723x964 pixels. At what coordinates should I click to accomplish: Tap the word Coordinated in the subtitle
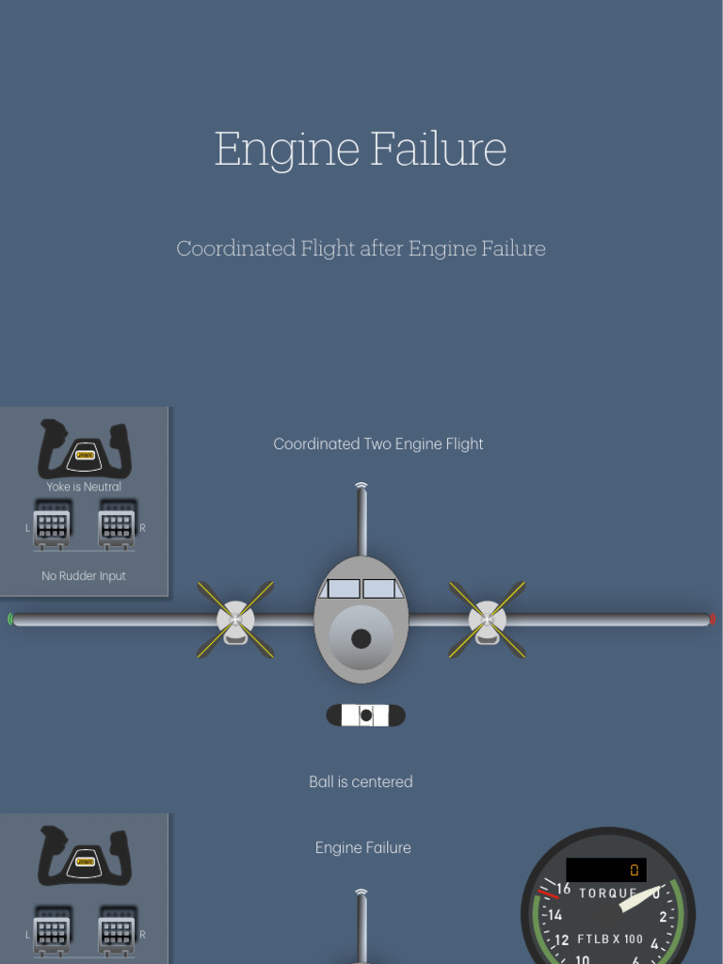pos(235,249)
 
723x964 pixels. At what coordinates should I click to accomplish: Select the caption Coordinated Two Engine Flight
pos(378,443)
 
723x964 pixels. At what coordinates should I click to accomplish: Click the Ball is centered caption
pos(361,781)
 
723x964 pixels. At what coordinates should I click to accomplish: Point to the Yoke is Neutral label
pos(84,487)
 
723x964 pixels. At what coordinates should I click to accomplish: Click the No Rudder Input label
pos(83,575)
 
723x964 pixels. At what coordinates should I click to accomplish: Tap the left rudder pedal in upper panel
pos(51,528)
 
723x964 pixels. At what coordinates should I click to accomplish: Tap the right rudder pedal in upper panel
pos(116,528)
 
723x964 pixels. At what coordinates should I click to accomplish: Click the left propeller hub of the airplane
pos(235,619)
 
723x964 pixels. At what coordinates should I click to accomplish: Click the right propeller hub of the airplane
pos(487,619)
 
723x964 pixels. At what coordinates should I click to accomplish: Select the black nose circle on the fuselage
pos(361,639)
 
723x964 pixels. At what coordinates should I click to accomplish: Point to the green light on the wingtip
pos(10,619)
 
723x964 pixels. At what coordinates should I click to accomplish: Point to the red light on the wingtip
pos(712,619)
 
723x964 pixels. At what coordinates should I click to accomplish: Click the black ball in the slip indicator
pos(366,715)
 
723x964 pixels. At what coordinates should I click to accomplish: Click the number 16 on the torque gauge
pos(563,889)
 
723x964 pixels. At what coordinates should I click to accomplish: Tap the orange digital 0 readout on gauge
pos(634,870)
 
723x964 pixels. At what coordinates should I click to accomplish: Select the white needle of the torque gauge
pos(637,900)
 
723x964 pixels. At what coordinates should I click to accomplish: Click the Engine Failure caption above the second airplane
pos(362,847)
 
